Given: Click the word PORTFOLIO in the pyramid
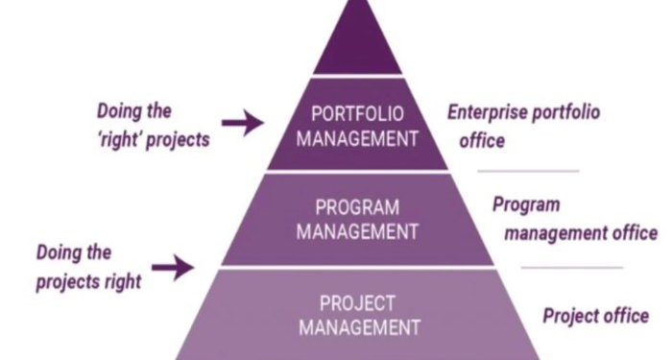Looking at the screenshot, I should point(357,112).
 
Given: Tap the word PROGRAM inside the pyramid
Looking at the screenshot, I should point(357,207).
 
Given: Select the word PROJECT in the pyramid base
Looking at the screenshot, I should point(357,304).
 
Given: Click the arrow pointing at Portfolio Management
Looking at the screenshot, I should point(241,122).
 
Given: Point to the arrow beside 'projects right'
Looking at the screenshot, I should point(173,268).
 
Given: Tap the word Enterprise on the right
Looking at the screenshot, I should point(487,113).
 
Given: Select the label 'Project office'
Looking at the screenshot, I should point(595,316).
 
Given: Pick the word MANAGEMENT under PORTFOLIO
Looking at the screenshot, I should point(357,136).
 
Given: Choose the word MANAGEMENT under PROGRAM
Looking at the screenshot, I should point(357,230).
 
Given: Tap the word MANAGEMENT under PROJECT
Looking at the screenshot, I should point(357,327).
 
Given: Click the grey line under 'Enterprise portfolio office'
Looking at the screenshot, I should point(529,172).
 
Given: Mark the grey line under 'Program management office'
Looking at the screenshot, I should point(572,266).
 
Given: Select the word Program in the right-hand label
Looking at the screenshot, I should point(526,204).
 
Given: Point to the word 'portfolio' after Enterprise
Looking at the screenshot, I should point(566,113).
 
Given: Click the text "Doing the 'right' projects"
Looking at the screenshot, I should point(154,124).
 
